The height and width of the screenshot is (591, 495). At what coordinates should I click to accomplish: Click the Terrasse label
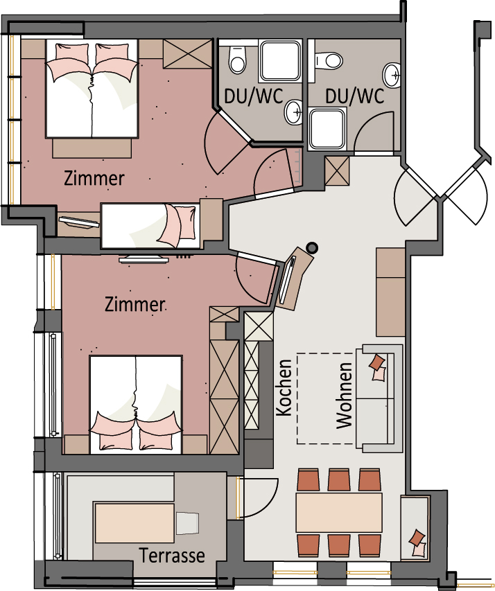(x=172, y=556)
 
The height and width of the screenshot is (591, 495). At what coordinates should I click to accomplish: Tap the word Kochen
(x=284, y=388)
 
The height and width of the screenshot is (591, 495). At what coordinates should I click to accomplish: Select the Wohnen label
(x=344, y=396)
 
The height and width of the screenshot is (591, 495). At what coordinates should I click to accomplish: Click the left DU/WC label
(x=254, y=96)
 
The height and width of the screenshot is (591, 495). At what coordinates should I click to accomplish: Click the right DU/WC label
(x=355, y=96)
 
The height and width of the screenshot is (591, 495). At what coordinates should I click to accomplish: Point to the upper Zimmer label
(x=94, y=178)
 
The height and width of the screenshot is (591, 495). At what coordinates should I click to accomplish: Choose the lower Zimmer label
(x=135, y=304)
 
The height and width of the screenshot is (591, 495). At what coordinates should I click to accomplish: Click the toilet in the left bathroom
(x=238, y=60)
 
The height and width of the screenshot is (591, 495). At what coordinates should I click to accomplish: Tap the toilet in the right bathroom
(x=327, y=60)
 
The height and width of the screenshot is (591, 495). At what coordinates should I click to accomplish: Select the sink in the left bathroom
(x=293, y=112)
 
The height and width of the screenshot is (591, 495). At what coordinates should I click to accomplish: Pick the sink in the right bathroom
(x=392, y=75)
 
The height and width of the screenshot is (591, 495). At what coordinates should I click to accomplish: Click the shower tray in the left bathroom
(x=281, y=61)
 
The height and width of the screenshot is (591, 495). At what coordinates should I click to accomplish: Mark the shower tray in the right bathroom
(x=328, y=128)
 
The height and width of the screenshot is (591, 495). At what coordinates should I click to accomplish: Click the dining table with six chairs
(x=339, y=512)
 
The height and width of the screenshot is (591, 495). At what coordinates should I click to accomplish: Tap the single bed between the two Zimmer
(x=151, y=226)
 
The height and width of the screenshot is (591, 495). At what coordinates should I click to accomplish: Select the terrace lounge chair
(x=187, y=523)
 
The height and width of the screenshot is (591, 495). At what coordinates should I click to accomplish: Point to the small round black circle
(x=312, y=248)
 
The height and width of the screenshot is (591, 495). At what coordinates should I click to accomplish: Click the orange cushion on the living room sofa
(x=377, y=362)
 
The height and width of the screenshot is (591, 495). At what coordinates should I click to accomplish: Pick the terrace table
(x=134, y=522)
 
